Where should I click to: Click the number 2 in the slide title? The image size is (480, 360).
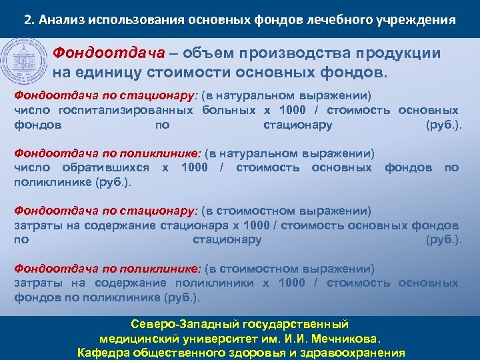(x=27, y=19)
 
